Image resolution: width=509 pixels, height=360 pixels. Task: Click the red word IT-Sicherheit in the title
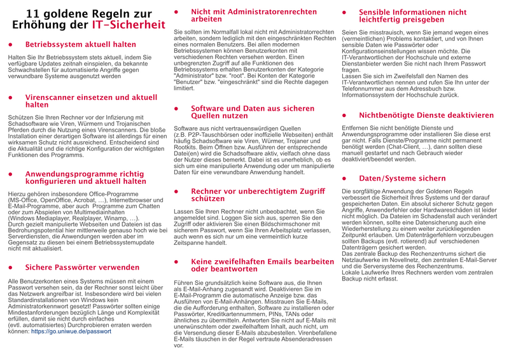[x=129, y=25]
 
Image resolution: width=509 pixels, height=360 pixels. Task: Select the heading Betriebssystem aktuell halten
[x=80, y=45]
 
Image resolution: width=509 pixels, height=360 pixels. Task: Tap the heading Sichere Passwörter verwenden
[x=82, y=268]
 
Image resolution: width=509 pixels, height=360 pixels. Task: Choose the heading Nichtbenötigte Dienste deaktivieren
[x=426, y=116]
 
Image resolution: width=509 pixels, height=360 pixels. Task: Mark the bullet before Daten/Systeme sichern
[x=345, y=179]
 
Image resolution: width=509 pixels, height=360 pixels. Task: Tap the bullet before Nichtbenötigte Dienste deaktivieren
[x=345, y=116]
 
